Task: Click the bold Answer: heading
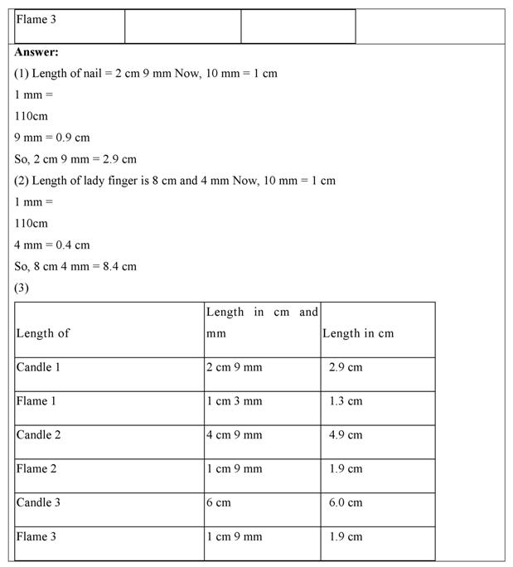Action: [x=36, y=51]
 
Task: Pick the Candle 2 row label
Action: [x=38, y=435]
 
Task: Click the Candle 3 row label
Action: [x=38, y=502]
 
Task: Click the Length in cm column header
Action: [x=358, y=333]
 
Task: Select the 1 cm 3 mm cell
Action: [x=235, y=401]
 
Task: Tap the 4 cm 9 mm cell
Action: [x=235, y=435]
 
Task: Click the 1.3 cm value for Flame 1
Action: [x=346, y=401]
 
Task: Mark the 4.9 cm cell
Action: [x=346, y=435]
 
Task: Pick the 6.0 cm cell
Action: [x=346, y=502]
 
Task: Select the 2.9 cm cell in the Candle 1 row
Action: [x=346, y=367]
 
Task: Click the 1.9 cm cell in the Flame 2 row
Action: [x=346, y=469]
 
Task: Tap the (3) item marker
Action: [x=22, y=288]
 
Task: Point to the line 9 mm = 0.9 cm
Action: [x=52, y=138]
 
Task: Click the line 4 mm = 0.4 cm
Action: [x=52, y=245]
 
